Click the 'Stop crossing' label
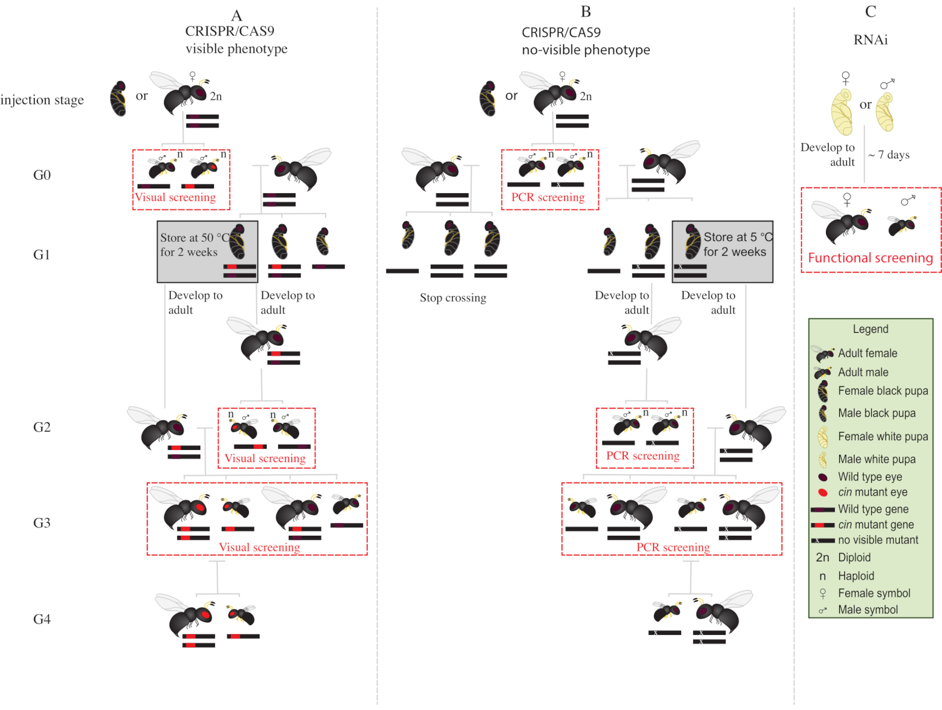coord(453,298)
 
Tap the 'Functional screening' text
coord(870,258)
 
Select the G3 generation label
coord(42,523)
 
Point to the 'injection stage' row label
coord(42,100)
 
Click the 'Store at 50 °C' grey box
coord(207,252)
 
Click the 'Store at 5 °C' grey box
coord(723,252)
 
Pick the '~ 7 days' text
coord(889,155)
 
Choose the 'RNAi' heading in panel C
coord(870,40)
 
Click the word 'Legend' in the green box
coord(870,329)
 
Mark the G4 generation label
coord(42,619)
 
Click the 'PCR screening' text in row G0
coord(548,197)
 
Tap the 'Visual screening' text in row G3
coord(259,547)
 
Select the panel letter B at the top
coord(585,12)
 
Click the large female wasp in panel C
coord(842,222)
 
